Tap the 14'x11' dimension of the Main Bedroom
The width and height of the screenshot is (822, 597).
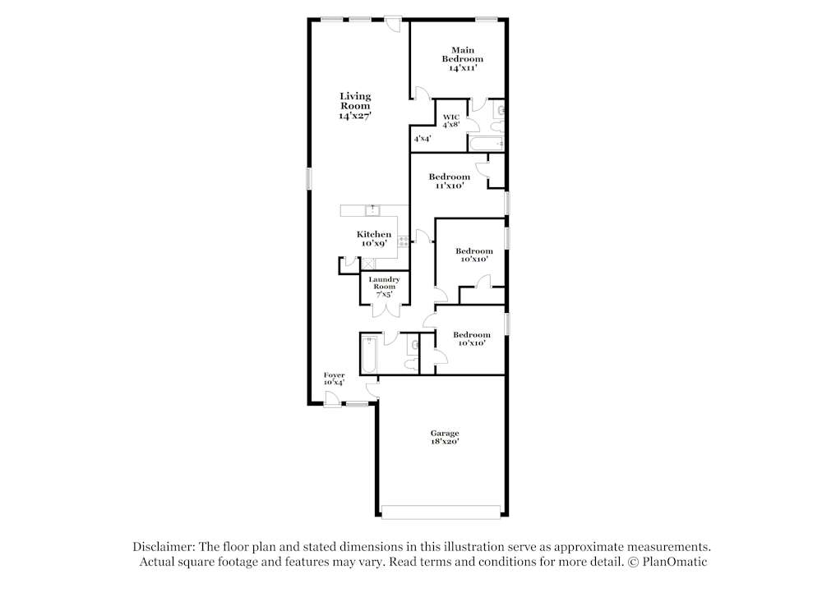pyautogui.click(x=463, y=69)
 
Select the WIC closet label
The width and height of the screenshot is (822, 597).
pyautogui.click(x=451, y=117)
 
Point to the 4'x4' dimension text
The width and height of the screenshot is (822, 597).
pyautogui.click(x=423, y=139)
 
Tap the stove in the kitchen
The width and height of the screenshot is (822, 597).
pyautogui.click(x=404, y=241)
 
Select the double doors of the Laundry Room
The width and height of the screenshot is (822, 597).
pyautogui.click(x=385, y=310)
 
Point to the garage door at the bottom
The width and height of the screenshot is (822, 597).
pyautogui.click(x=441, y=512)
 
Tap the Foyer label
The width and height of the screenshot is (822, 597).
pyautogui.click(x=334, y=378)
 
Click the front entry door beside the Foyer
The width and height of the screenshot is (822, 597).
pyautogui.click(x=330, y=399)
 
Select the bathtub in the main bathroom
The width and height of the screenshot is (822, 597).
pyautogui.click(x=486, y=145)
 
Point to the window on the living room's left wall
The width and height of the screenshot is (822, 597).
pyautogui.click(x=310, y=179)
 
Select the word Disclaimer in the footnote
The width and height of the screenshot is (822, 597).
pyautogui.click(x=160, y=547)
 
